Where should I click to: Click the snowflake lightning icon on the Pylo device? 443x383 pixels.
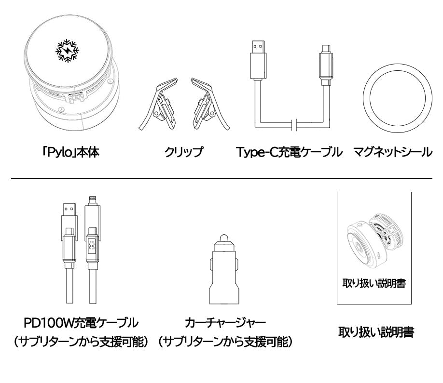pyautogui.click(x=67, y=51)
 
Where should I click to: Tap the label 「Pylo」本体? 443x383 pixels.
pyautogui.click(x=70, y=152)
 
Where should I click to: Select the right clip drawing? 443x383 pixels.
pyautogui.click(x=210, y=105)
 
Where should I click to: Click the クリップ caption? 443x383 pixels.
pyautogui.click(x=184, y=152)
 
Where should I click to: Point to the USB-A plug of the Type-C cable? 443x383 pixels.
pyautogui.click(x=258, y=61)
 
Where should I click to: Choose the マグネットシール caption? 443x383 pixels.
pyautogui.click(x=393, y=152)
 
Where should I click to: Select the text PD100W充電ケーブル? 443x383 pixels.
pyautogui.click(x=81, y=323)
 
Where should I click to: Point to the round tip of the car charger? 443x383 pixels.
pyautogui.click(x=224, y=238)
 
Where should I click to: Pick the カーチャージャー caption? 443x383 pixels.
pyautogui.click(x=225, y=323)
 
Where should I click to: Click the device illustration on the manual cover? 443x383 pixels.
pyautogui.click(x=374, y=240)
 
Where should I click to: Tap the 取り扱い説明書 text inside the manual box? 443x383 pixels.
pyautogui.click(x=374, y=283)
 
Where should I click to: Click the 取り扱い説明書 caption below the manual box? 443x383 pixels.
pyautogui.click(x=376, y=332)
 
